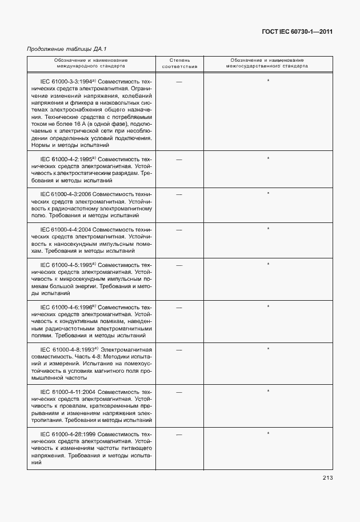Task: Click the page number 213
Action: point(327,478)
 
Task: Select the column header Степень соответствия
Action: point(179,63)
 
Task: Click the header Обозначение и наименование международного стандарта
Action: point(91,63)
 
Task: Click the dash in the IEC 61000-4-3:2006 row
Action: point(179,194)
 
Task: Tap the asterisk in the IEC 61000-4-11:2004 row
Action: point(268,391)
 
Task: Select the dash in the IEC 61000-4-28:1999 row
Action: point(179,435)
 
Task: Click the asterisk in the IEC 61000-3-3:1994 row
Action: point(268,81)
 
